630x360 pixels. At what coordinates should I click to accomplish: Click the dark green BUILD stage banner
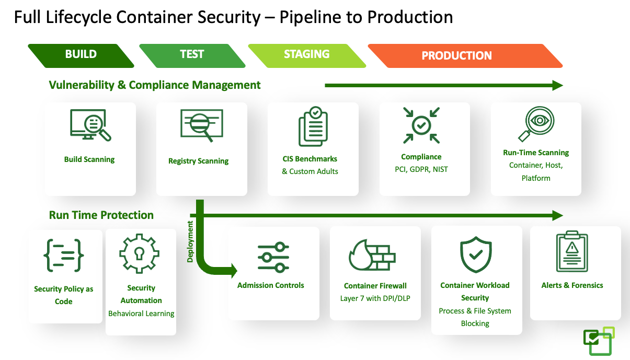(x=81, y=55)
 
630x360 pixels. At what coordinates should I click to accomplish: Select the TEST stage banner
(x=192, y=55)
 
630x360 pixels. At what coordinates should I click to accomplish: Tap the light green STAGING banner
(x=307, y=55)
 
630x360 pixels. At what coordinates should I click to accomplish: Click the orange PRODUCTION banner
(x=457, y=56)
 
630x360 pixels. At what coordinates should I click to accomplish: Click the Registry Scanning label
(x=198, y=161)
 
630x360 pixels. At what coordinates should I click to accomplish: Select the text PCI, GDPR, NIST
(x=421, y=169)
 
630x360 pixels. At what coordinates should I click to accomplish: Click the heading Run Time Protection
(x=101, y=215)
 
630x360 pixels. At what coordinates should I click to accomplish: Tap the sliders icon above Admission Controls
(x=273, y=257)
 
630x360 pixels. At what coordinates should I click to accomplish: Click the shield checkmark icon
(x=476, y=254)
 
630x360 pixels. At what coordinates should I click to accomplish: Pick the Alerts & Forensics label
(x=572, y=285)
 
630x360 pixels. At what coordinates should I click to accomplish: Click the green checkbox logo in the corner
(x=599, y=341)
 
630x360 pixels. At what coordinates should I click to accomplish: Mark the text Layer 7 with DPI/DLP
(x=375, y=298)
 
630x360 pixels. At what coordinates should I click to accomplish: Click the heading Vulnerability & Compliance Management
(x=155, y=85)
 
